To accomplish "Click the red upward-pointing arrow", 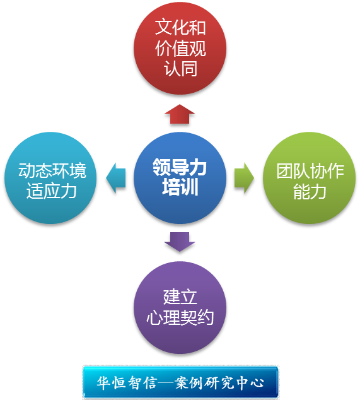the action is click(x=180, y=114).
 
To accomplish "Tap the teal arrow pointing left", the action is click(x=116, y=178).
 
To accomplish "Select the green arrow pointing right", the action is click(x=244, y=178).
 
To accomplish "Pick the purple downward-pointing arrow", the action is click(x=180, y=242).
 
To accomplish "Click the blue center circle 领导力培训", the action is click(x=180, y=178).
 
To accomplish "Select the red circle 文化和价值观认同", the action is click(x=180, y=48).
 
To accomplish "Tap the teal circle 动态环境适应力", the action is click(x=50, y=178).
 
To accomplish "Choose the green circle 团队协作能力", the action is click(x=309, y=178).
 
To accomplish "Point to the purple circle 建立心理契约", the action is click(x=180, y=307).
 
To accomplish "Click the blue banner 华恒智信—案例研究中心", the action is click(x=180, y=382).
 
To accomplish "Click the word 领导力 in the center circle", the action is click(x=180, y=167).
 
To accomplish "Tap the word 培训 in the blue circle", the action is click(x=180, y=187).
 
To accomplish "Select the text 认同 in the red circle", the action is click(x=180, y=68).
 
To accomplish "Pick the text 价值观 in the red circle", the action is click(x=180, y=48).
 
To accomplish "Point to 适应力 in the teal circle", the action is click(x=51, y=191).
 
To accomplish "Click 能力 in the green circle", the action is click(x=310, y=191).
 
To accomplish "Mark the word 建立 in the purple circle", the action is click(x=180, y=297).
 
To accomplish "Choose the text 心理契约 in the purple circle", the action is click(x=180, y=317).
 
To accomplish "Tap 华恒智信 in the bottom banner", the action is click(x=127, y=382).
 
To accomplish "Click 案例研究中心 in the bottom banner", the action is click(x=219, y=382).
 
